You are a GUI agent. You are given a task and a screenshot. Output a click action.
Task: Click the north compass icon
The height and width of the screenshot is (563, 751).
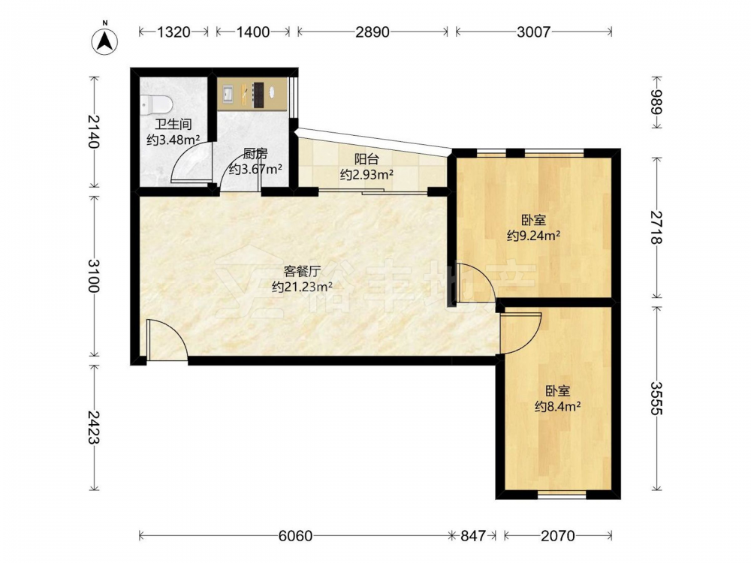coord(105,41)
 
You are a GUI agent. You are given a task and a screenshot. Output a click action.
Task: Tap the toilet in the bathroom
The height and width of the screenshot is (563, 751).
coord(156,104)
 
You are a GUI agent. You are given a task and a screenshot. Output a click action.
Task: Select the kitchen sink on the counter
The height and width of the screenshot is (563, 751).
coord(227,94)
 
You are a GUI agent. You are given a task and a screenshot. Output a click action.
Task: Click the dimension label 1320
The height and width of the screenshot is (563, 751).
coord(174,32)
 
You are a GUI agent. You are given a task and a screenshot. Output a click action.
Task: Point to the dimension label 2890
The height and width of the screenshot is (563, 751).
coord(372,32)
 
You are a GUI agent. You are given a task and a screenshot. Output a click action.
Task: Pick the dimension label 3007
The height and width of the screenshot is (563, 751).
coord(533,32)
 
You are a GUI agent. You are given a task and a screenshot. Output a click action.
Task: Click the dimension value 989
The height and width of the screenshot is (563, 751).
coord(656,102)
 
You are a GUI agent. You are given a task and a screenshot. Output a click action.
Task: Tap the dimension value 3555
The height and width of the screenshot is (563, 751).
coord(656,399)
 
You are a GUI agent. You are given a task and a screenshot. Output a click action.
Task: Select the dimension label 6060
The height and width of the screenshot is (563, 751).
coord(295,536)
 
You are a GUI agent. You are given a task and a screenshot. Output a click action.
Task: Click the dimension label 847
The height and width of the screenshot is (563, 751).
coord(472,536)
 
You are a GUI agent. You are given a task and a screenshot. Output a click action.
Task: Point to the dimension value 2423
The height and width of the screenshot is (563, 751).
coord(94,427)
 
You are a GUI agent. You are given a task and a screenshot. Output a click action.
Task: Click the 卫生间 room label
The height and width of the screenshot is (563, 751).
coord(173,125)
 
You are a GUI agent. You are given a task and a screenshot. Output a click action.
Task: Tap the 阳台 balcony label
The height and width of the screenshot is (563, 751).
coord(367,159)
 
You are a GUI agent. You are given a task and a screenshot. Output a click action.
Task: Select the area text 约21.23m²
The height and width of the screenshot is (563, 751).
coord(302,286)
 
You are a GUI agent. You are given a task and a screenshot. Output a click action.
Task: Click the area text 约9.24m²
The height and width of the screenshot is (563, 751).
coord(533,236)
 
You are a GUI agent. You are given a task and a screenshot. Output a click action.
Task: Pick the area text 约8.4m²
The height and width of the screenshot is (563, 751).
coord(558,407)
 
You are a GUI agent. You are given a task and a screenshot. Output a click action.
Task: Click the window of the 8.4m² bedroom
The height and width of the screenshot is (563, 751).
coord(562,495)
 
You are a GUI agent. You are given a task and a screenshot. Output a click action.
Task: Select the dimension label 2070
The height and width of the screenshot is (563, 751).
coord(557,536)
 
